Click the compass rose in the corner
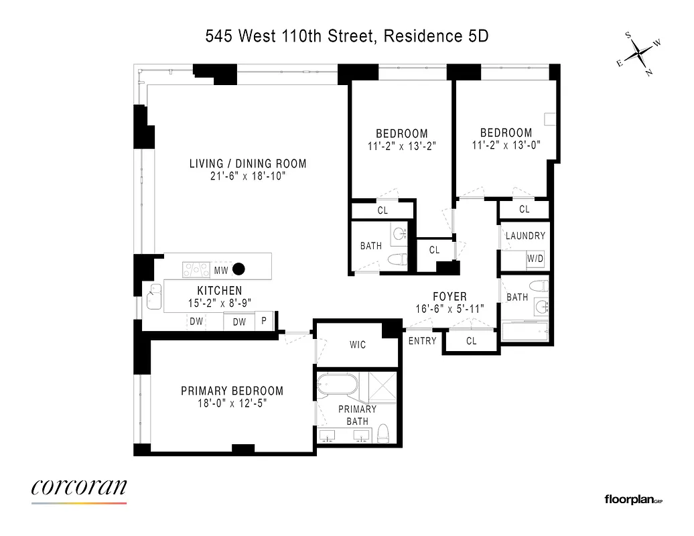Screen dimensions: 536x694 coord(639,53)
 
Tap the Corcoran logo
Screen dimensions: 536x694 coord(78,488)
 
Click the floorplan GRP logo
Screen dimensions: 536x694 coord(633,499)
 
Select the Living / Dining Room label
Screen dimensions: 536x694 coord(248,163)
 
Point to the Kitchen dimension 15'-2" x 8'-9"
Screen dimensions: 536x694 coord(219,304)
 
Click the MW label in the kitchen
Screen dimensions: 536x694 coord(221,271)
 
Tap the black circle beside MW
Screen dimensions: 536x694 coord(238,270)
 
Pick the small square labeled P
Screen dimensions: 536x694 coord(264,322)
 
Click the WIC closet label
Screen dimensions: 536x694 coord(358,345)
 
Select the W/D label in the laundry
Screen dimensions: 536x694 coord(535,259)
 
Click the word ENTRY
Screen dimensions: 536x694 coord(422,341)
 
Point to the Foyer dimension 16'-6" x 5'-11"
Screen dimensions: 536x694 coord(449,309)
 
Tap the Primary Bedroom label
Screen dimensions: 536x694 coord(232,391)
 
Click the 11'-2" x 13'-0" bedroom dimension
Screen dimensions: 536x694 coord(506,145)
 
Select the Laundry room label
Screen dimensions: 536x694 coord(525,236)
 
